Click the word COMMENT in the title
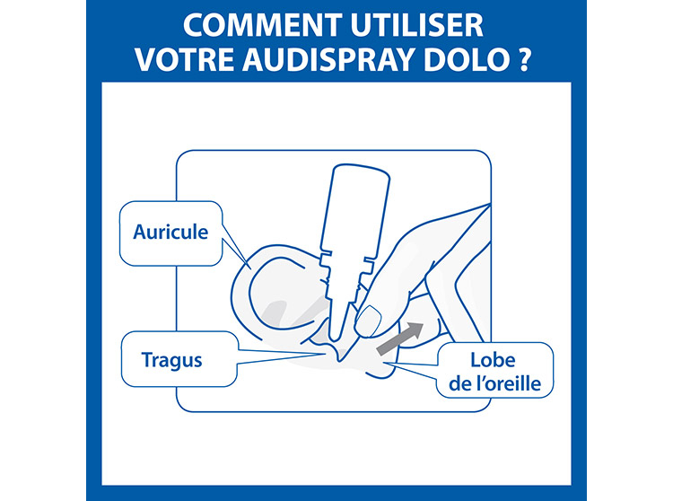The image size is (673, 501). tap(263, 26)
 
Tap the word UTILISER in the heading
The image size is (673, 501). tap(417, 26)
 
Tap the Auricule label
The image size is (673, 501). tap(170, 233)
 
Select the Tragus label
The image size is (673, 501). tap(171, 360)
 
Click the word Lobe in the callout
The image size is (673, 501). tap(493, 360)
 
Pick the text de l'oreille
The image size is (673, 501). tap(494, 383)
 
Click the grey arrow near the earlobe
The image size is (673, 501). tap(400, 338)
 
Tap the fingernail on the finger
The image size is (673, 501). tap(368, 321)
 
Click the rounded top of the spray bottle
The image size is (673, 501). tap(362, 170)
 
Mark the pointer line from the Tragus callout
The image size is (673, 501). tap(281, 356)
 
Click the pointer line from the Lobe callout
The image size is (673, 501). tap(412, 370)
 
